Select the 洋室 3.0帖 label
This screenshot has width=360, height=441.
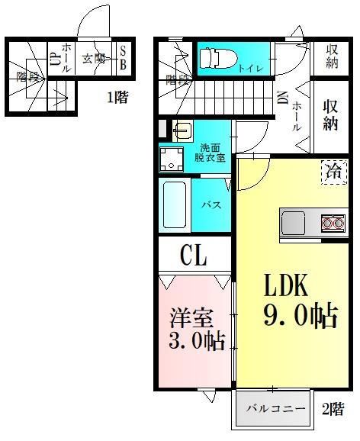[x=196, y=327]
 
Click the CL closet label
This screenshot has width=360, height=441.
[x=194, y=256]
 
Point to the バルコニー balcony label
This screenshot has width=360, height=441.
[x=275, y=409]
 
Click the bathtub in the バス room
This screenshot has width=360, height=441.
[x=175, y=204]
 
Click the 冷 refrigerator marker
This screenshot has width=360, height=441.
[x=333, y=172]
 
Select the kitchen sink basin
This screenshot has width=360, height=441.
[x=294, y=223]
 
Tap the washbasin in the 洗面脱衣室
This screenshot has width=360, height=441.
[x=182, y=130]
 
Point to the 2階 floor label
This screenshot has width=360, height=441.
[x=333, y=408]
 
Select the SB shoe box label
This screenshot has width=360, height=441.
[x=123, y=58]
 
